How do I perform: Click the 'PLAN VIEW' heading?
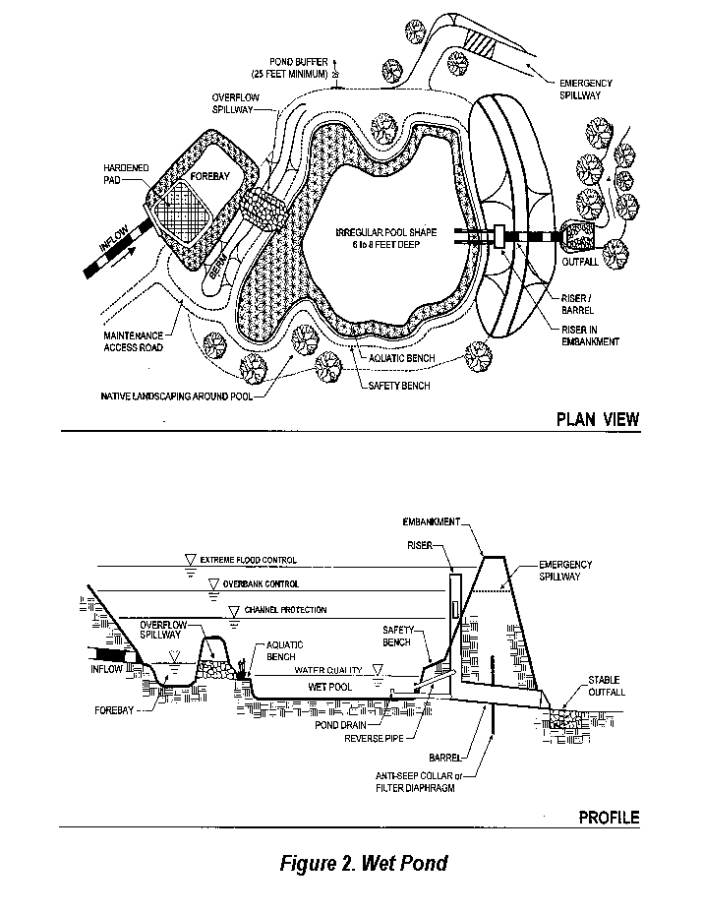pyautogui.click(x=597, y=419)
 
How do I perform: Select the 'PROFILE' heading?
pyautogui.click(x=608, y=817)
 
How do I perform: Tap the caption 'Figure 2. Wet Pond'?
pyautogui.click(x=364, y=864)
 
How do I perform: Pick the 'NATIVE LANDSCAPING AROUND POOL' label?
pyautogui.click(x=177, y=396)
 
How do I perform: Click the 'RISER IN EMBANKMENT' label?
pyautogui.click(x=590, y=335)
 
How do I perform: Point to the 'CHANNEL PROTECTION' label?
pyautogui.click(x=285, y=610)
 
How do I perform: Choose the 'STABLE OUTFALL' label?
pyautogui.click(x=606, y=686)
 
